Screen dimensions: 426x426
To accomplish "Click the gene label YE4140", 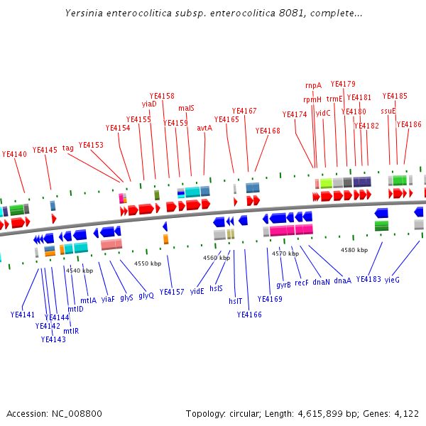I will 14,154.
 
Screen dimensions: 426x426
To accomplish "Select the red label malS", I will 186,109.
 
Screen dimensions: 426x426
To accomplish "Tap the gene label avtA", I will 204,128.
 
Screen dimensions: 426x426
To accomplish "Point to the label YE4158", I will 162,96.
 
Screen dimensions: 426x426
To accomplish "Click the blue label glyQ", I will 146,295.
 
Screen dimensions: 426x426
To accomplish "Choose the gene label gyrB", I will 283,285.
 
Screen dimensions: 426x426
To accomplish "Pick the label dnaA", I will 342,280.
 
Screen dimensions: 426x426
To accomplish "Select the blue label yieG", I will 392,280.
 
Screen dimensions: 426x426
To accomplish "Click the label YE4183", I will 368,279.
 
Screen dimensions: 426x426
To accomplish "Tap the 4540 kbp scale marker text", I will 80,271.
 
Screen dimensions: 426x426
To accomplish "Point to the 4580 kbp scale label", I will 354,250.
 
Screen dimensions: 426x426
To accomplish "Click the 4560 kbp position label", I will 217,258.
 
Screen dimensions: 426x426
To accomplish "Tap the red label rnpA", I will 313,85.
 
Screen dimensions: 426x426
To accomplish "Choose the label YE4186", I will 409,124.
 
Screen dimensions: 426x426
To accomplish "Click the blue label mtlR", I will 71,331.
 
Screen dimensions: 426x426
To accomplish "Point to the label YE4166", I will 249,315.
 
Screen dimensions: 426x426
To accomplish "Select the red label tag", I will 68,148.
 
